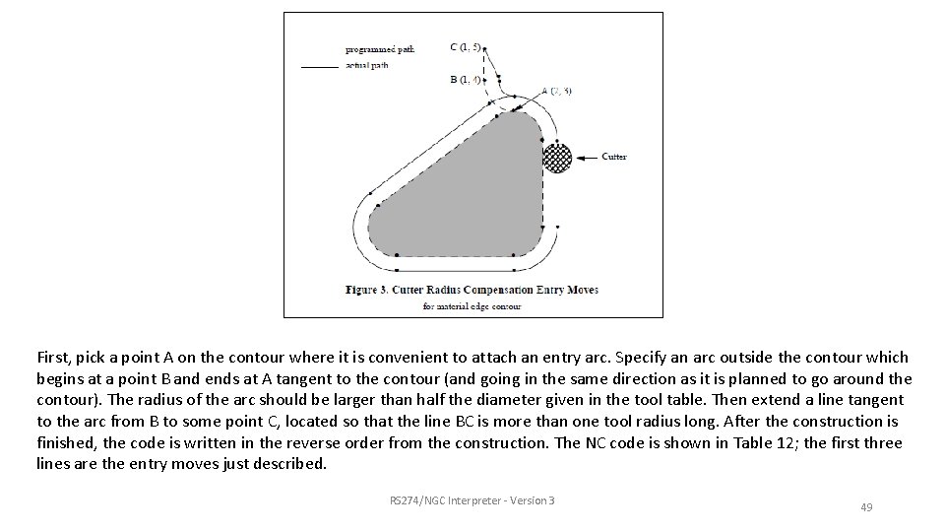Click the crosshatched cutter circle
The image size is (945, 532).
pos(557,157)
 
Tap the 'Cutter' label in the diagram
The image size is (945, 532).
pos(613,157)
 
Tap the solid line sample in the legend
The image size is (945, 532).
pos(317,66)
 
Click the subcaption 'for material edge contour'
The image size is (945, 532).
pos(473,306)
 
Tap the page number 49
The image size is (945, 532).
pos(866,506)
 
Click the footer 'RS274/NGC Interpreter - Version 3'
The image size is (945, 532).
pos(472,500)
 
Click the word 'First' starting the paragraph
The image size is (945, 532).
pos(52,357)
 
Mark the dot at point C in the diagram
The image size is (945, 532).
pos(485,47)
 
